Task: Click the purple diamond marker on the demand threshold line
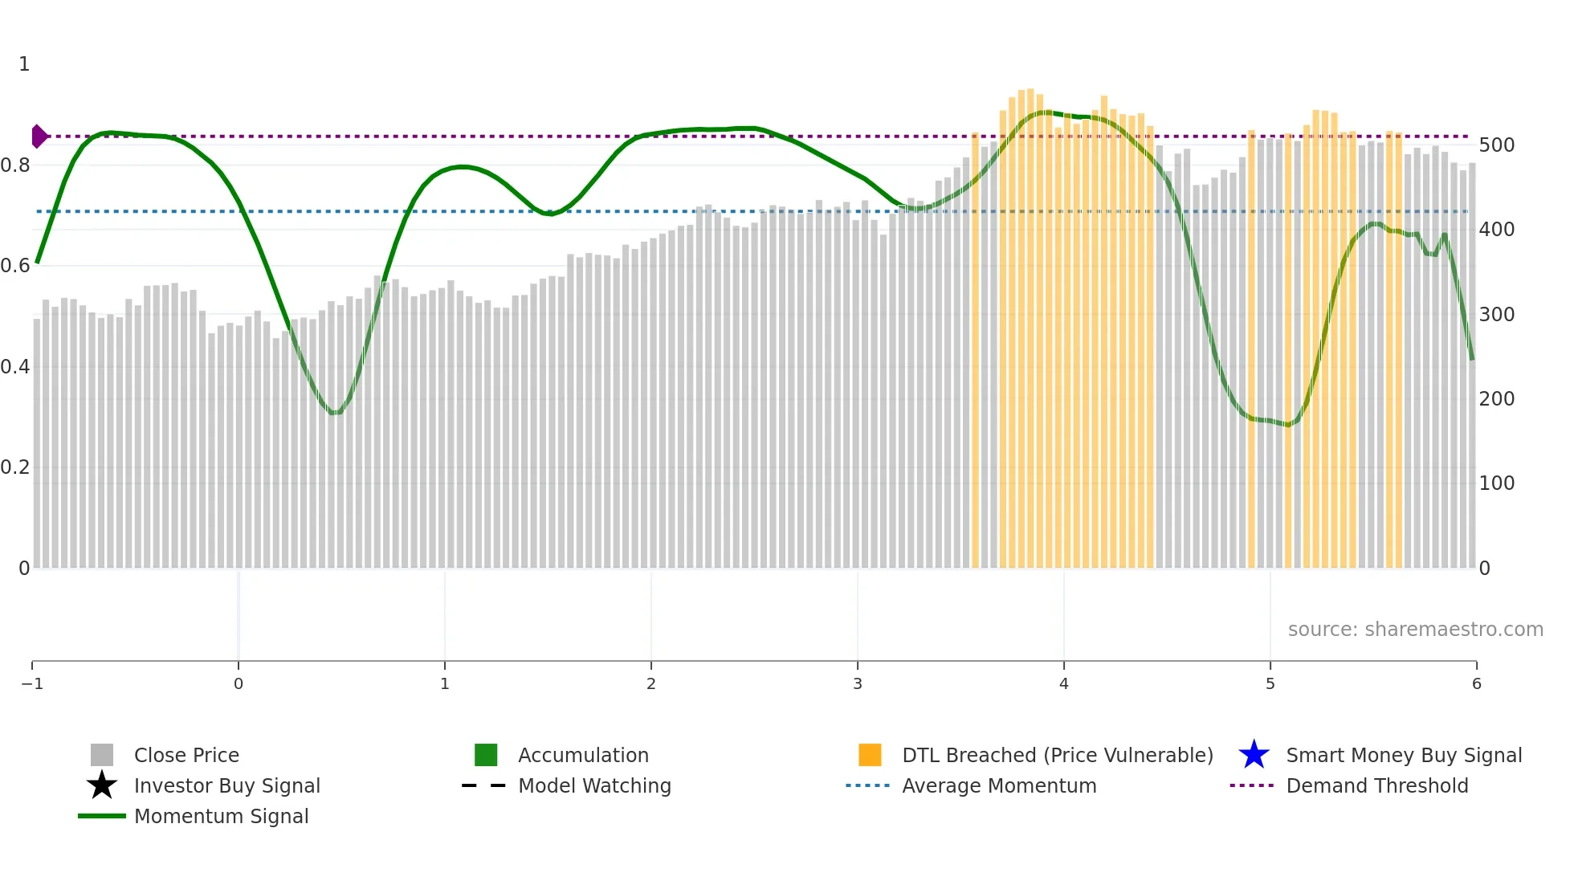[x=39, y=137]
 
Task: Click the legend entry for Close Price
[x=186, y=755]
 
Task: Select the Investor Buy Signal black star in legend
[x=102, y=785]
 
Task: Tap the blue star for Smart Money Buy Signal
[x=1254, y=755]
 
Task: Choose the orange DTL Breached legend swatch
[x=870, y=755]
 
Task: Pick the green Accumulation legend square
[x=486, y=755]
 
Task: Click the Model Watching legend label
[x=594, y=785]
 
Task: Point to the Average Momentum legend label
[x=999, y=785]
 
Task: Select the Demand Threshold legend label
[x=1376, y=785]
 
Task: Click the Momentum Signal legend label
[x=221, y=816]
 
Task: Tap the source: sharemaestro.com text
[x=1415, y=629]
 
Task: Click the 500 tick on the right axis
[x=1496, y=145]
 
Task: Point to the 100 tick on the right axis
[x=1496, y=483]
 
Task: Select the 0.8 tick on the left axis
[x=15, y=165]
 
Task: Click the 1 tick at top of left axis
[x=24, y=64]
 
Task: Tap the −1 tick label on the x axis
[x=32, y=683]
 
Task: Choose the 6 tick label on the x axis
[x=1476, y=683]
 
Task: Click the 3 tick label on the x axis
[x=858, y=683]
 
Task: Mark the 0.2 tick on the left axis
[x=15, y=467]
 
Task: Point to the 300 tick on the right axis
[x=1496, y=314]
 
